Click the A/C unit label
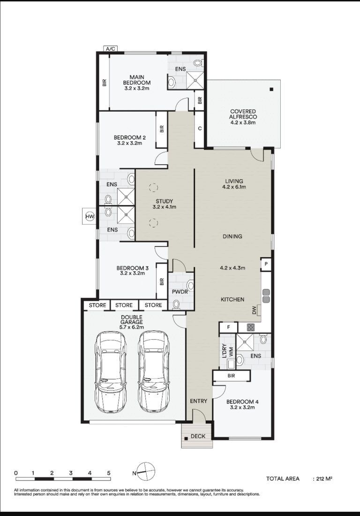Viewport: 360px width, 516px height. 111,49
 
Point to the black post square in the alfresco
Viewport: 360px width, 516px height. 271,89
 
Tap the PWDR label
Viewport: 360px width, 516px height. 180,292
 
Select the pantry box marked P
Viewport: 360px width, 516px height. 266,264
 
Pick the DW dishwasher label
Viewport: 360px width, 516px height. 254,310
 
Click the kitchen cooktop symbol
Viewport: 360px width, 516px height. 251,327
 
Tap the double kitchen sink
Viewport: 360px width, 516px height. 266,296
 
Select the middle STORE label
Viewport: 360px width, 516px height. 124,305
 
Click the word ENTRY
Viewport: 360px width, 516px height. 199,401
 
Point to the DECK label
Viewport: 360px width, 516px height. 198,436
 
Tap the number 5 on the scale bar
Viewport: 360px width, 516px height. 109,473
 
